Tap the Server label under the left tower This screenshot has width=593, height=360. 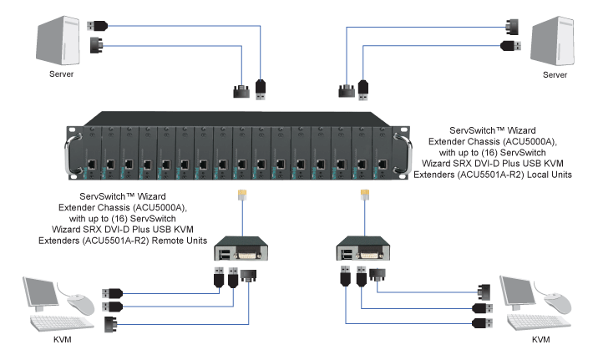(x=59, y=75)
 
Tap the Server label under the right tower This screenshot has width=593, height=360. (x=538, y=75)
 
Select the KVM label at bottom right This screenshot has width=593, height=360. (x=541, y=340)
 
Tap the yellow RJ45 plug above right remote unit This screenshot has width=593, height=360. (x=364, y=195)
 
